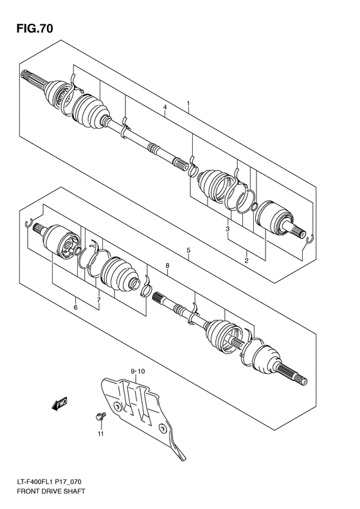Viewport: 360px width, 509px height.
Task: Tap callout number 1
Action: pyautogui.click(x=188, y=103)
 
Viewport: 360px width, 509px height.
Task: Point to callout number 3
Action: pyautogui.click(x=227, y=229)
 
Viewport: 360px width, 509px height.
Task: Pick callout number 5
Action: pyautogui.click(x=188, y=250)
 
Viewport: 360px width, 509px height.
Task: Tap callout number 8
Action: pyautogui.click(x=166, y=265)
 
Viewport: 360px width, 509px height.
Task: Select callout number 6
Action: pyautogui.click(x=75, y=308)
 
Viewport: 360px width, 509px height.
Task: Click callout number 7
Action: pyautogui.click(x=98, y=300)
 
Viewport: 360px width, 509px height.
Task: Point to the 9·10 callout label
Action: pyautogui.click(x=138, y=371)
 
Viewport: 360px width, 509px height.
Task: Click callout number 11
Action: pyautogui.click(x=100, y=436)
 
